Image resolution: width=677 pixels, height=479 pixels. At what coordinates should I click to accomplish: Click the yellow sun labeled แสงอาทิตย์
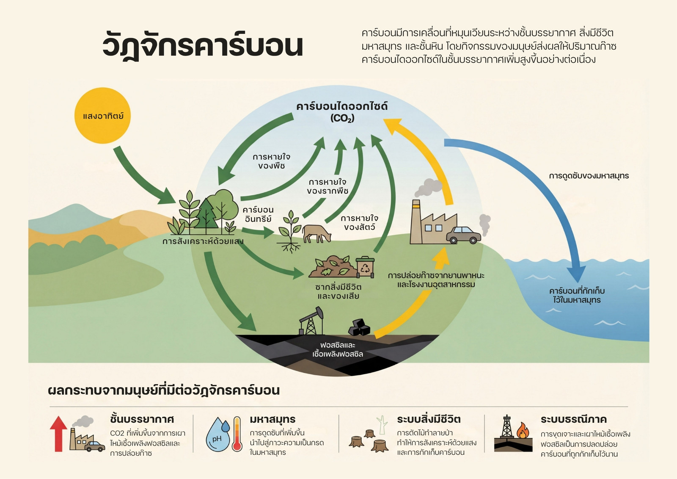coord(102,116)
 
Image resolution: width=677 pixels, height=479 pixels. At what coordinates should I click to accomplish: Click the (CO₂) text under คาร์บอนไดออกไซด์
coord(342,118)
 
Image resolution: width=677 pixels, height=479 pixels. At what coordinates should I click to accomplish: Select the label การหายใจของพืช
coord(271,161)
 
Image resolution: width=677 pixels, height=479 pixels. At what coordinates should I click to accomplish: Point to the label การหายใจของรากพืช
coord(327,186)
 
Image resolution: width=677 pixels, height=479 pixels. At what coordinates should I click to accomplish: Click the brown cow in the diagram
coord(316,233)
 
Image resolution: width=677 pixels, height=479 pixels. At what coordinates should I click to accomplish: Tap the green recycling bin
coord(365,267)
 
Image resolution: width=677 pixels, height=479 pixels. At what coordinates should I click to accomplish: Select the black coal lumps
coord(359,327)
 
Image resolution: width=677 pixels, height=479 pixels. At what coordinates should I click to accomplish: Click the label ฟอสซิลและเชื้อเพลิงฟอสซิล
coord(338,349)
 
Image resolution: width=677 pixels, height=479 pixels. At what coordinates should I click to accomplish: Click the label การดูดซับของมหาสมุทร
coord(589,176)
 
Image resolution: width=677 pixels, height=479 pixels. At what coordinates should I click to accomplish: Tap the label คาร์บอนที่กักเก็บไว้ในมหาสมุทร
coord(577,295)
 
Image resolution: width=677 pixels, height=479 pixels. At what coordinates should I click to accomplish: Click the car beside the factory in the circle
coord(463,235)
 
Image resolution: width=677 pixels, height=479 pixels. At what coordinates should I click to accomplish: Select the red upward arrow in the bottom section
coord(58,434)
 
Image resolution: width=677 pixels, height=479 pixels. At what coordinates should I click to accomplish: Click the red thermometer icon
coord(237,434)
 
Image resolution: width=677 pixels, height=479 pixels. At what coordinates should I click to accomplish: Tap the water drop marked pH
coord(218,435)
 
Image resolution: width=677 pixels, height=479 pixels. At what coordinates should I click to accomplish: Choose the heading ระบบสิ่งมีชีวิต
coord(429,419)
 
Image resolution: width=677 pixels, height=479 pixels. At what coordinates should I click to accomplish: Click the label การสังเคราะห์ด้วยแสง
coord(203,241)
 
